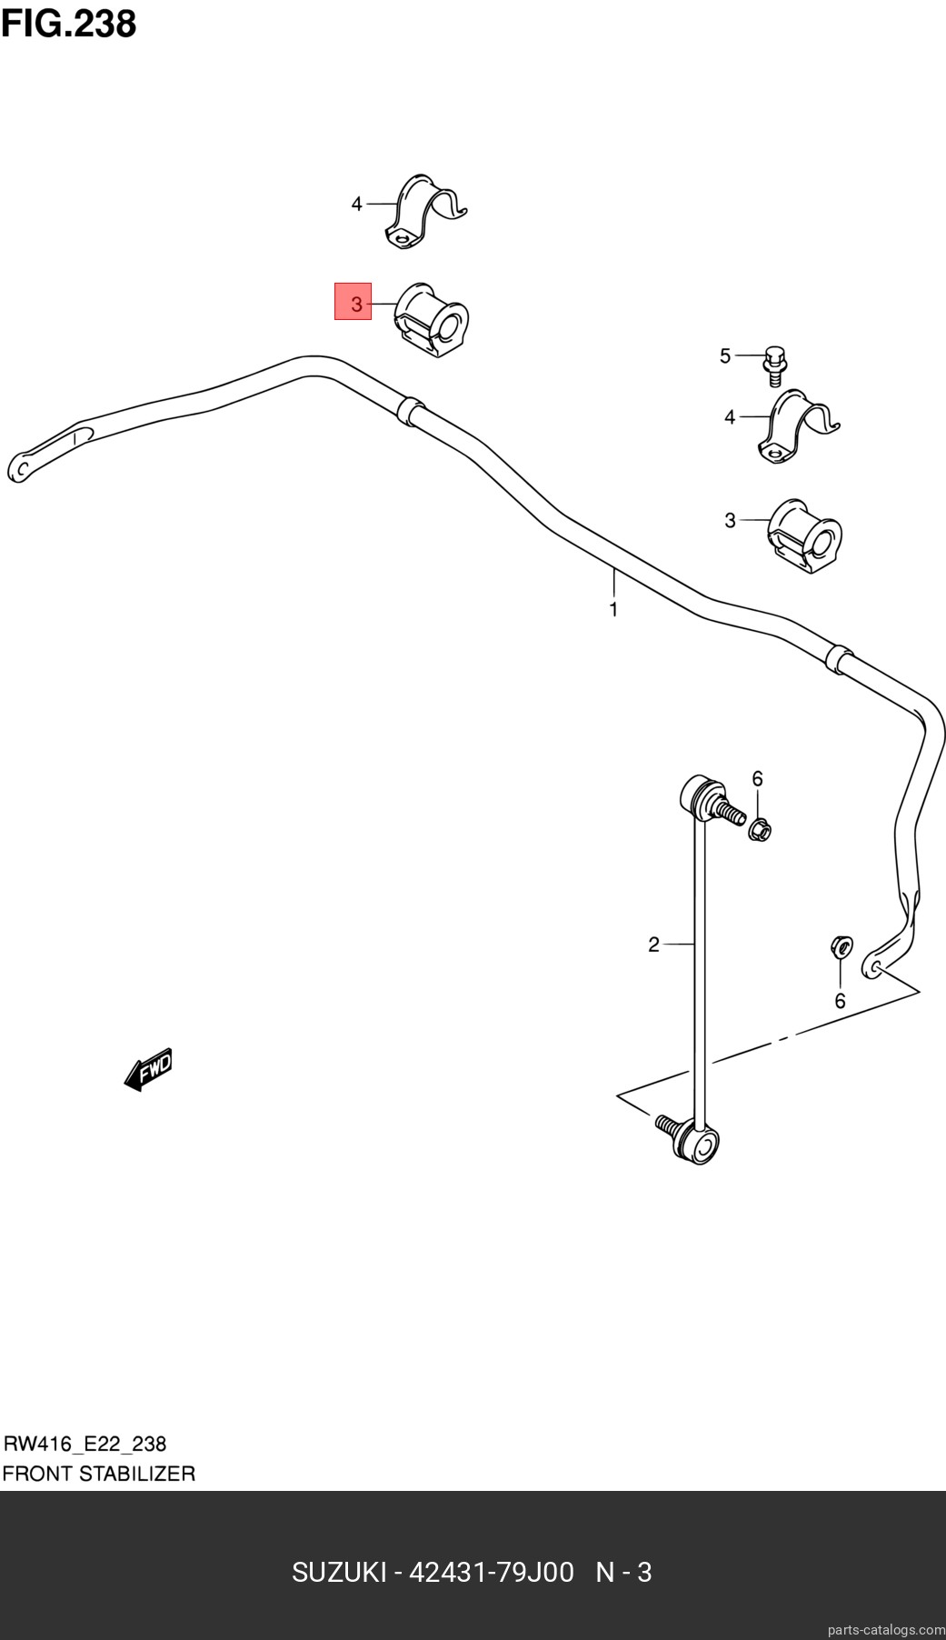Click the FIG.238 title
point(68,24)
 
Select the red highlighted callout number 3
point(354,302)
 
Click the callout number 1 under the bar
point(613,609)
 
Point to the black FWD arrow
point(148,1069)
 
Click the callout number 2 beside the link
point(653,945)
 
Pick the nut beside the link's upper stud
point(760,828)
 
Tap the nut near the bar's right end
point(841,947)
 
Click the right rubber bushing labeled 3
point(805,535)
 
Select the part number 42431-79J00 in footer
point(492,1573)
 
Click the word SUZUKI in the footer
point(339,1573)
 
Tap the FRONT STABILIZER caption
point(98,1474)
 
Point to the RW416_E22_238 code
point(85,1444)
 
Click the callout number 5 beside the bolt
point(725,355)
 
